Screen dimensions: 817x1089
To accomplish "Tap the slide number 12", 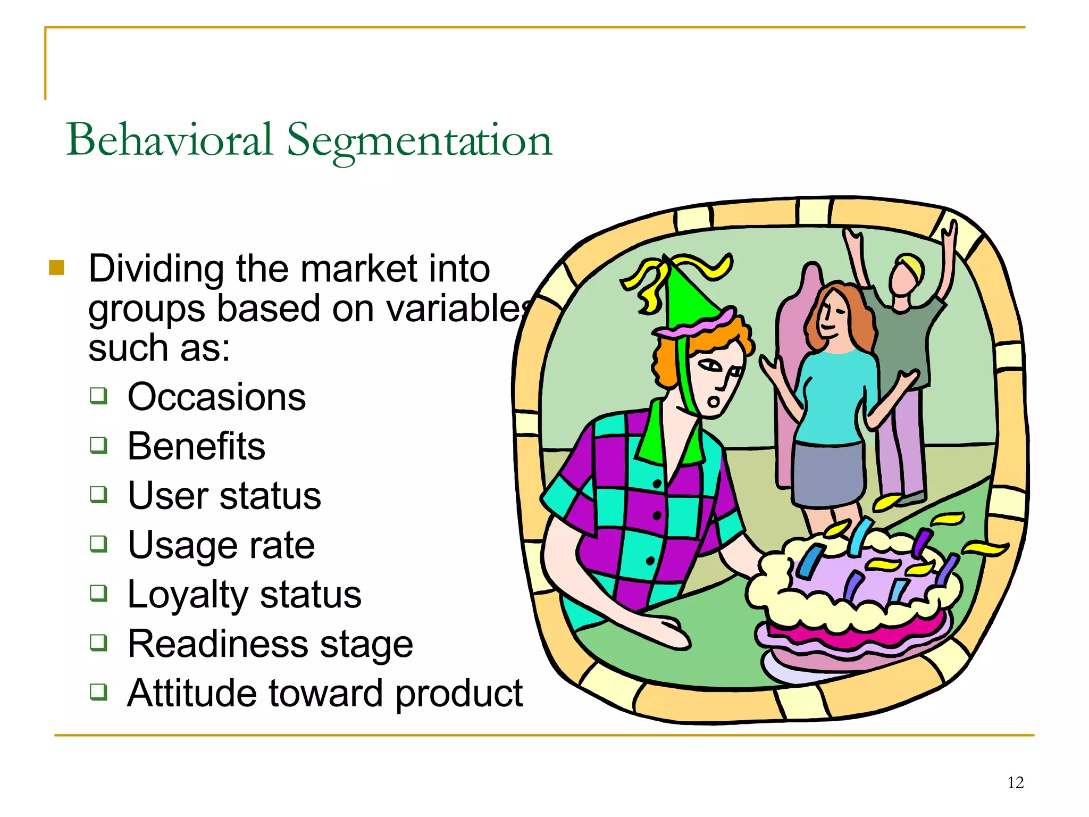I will pyautogui.click(x=1015, y=782).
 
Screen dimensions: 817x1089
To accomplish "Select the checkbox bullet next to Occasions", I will pyautogui.click(x=98, y=396).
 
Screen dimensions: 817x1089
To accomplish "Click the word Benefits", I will pyautogui.click(x=196, y=446).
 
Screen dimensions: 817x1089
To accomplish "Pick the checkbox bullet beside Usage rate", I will pyautogui.click(x=98, y=544).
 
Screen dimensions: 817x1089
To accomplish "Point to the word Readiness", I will pyautogui.click(x=215, y=644).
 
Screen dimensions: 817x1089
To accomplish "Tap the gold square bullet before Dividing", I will pyautogui.click(x=56, y=268).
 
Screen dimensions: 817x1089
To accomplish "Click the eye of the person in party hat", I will pyautogui.click(x=710, y=366).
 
